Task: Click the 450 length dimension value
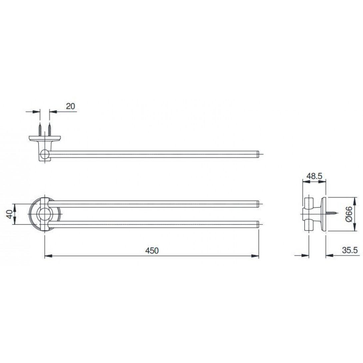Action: click(152, 250)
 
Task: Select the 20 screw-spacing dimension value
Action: click(71, 106)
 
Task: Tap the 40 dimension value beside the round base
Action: click(10, 214)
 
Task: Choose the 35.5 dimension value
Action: click(350, 250)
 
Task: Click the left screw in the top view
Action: click(40, 130)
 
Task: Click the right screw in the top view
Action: click(49, 130)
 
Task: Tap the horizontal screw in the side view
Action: click(332, 213)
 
